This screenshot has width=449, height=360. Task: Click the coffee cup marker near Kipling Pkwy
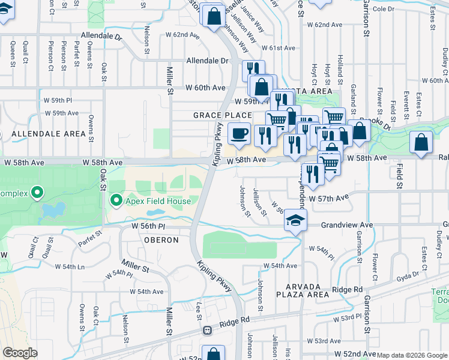239,133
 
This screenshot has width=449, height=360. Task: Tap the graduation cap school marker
295,220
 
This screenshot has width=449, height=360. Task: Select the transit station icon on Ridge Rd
208,330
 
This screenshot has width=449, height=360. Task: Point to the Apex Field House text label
158,201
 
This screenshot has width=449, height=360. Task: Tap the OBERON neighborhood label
161,240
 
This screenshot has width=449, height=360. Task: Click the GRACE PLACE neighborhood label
222,115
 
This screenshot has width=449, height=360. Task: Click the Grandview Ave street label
347,224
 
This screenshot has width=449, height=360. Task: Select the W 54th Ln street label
70,266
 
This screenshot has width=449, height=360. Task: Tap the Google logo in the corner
20,353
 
